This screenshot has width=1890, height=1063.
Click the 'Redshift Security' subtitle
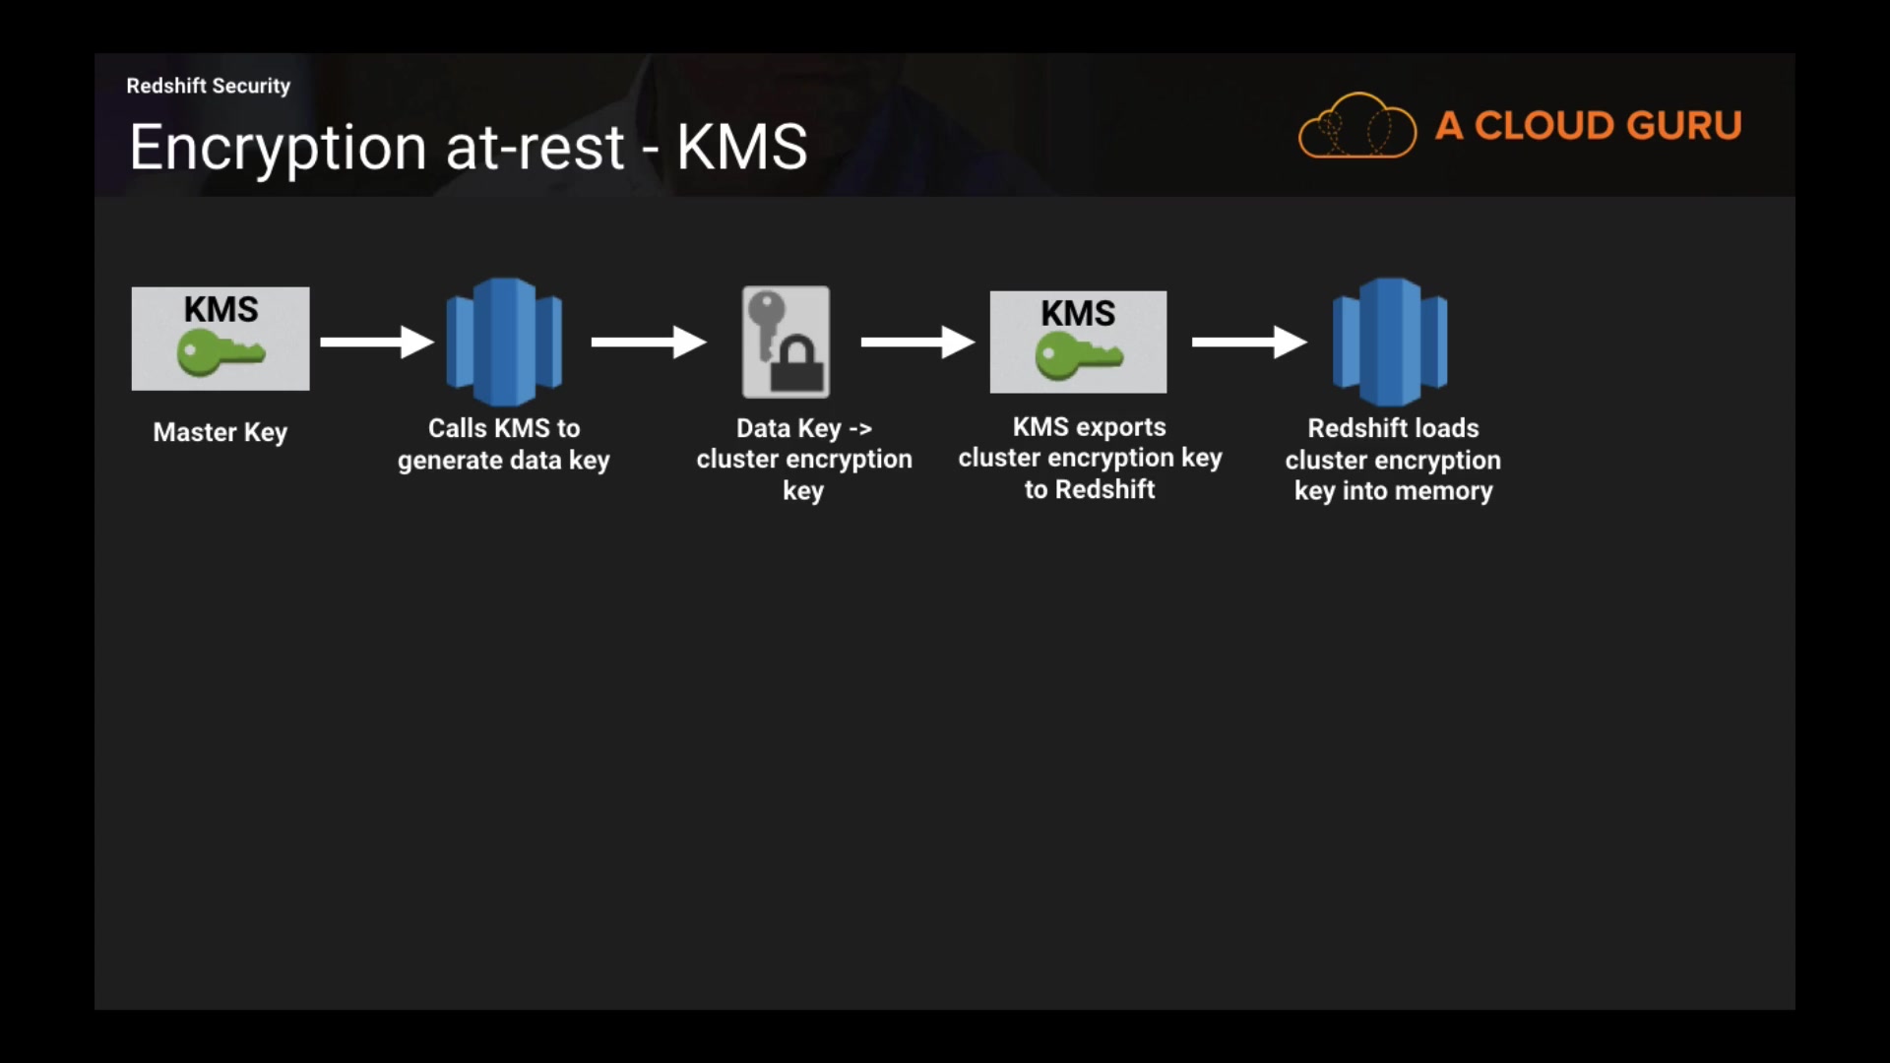(x=208, y=86)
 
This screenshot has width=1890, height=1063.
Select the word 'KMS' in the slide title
(x=741, y=148)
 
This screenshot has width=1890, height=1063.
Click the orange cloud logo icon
(x=1357, y=126)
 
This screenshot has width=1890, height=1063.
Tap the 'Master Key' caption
(x=220, y=432)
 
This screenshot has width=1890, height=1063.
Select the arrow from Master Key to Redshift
(x=377, y=342)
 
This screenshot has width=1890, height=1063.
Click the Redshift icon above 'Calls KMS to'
(x=504, y=342)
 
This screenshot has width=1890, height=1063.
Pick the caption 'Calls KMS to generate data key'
(x=504, y=444)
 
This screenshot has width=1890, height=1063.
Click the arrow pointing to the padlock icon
(x=649, y=342)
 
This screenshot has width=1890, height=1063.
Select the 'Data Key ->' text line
(x=804, y=428)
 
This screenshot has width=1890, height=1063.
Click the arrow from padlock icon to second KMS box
(x=917, y=342)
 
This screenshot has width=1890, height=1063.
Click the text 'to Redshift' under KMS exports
(x=1090, y=489)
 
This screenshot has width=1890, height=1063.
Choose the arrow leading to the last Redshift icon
(x=1249, y=342)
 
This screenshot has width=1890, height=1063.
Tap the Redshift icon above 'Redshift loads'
(x=1390, y=342)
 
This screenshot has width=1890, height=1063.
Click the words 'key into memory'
(x=1393, y=491)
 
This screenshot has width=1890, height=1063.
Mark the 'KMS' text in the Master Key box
(x=220, y=309)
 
